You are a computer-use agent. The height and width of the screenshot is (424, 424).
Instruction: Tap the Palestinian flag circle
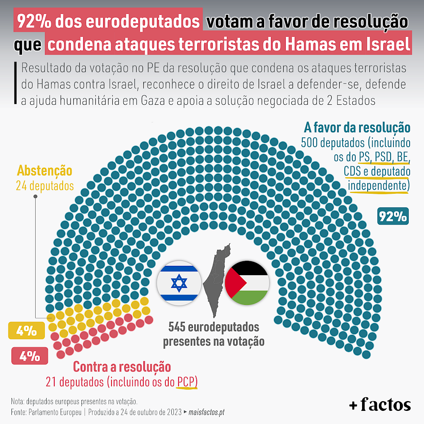click(247, 283)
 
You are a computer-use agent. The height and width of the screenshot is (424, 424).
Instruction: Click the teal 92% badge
click(393, 217)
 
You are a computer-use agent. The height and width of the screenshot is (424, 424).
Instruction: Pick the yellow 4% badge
click(26, 331)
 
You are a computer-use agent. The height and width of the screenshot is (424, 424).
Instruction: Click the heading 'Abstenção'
click(45, 171)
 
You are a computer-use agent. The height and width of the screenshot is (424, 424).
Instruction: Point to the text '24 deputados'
click(45, 186)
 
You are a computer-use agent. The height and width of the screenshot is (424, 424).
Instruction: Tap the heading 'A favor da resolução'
click(357, 128)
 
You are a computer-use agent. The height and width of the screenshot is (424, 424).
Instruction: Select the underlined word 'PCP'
click(187, 382)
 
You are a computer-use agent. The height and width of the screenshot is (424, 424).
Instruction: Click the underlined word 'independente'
click(377, 186)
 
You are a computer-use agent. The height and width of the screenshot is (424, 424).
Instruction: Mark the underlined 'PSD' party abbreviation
click(383, 157)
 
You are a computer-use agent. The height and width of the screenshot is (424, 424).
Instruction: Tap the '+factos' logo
click(380, 405)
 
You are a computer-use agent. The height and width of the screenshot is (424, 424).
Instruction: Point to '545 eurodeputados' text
click(214, 327)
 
